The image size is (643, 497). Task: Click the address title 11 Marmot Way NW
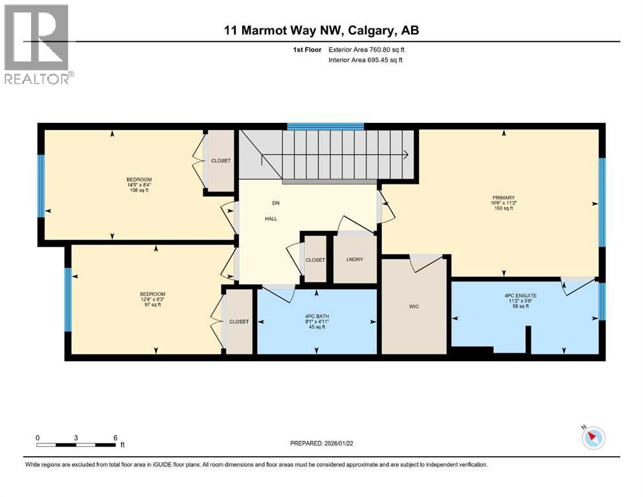coord(321,30)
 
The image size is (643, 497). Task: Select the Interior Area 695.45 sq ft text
coord(366,60)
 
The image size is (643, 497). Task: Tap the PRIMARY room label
coord(502,197)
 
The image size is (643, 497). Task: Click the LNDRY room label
coord(354,260)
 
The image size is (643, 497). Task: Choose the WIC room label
coord(414,306)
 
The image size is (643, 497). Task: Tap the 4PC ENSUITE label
coord(520,296)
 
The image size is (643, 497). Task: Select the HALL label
coord(271,219)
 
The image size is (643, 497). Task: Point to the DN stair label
coord(275,203)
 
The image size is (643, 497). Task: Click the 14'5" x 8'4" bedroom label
coord(139,184)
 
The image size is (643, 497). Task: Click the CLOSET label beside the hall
coord(315,260)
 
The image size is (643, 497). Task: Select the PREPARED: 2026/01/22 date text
coord(321,443)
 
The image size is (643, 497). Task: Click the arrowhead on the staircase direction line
coord(405,155)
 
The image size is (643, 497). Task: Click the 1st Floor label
coord(306,49)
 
